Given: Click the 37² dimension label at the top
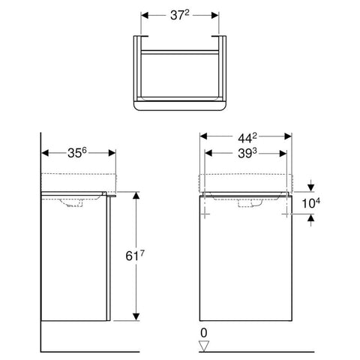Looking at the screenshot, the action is point(180,16).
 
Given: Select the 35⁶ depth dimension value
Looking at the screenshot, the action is point(77,153).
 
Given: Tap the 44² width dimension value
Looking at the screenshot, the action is point(247,138).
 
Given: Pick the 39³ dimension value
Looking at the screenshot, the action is point(247,154).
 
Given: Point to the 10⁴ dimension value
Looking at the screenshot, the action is point(311,203).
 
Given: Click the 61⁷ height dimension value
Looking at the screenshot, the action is point(135,256).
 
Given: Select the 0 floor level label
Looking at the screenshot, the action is point(204,333).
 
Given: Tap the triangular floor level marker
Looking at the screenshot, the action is point(204,346).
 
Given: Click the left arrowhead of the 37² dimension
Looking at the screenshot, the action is point(145,16).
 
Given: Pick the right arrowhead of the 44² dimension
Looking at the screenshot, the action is point(288,136).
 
